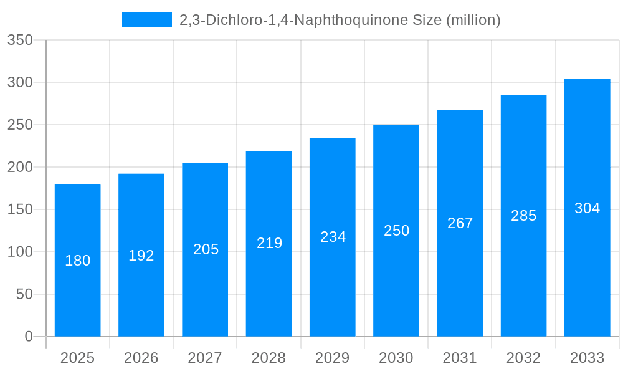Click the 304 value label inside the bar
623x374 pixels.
pos(587,208)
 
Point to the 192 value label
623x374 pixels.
pos(141,256)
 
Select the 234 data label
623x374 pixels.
pos(333,237)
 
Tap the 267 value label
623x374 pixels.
pos(460,223)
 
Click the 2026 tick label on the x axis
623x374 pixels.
pos(141,358)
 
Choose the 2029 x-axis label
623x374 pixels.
pos(333,358)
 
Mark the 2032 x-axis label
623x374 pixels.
pos(523,358)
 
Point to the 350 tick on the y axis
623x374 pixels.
pos(20,40)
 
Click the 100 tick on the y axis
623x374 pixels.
pos(20,252)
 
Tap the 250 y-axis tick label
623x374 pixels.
pos(20,125)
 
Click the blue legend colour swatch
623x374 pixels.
pos(146,20)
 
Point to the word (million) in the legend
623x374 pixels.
pos(473,20)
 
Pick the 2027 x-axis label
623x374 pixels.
pos(205,358)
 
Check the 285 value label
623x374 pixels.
pos(523,216)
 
